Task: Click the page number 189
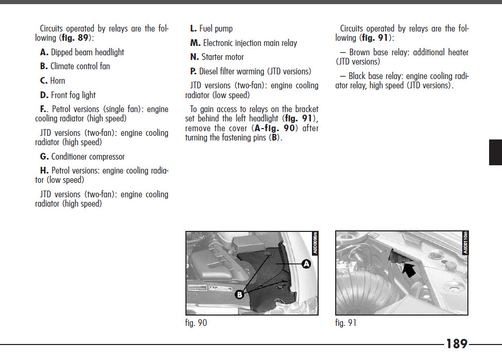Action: point(457,344)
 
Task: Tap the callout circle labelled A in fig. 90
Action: point(306,263)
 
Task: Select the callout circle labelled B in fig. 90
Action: point(240,295)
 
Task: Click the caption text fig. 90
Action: point(196,323)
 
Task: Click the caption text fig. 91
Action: point(346,323)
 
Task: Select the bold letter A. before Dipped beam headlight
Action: point(44,52)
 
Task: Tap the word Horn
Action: point(57,81)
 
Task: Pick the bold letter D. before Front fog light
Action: point(44,95)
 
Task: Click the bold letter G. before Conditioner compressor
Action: point(44,156)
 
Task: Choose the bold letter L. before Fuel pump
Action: point(194,29)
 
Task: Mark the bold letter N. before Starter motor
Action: point(195,57)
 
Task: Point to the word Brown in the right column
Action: point(360,52)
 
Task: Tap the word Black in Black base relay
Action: point(359,76)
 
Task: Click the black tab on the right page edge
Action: point(495,152)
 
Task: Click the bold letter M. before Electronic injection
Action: point(195,43)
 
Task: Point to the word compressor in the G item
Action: point(106,156)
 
